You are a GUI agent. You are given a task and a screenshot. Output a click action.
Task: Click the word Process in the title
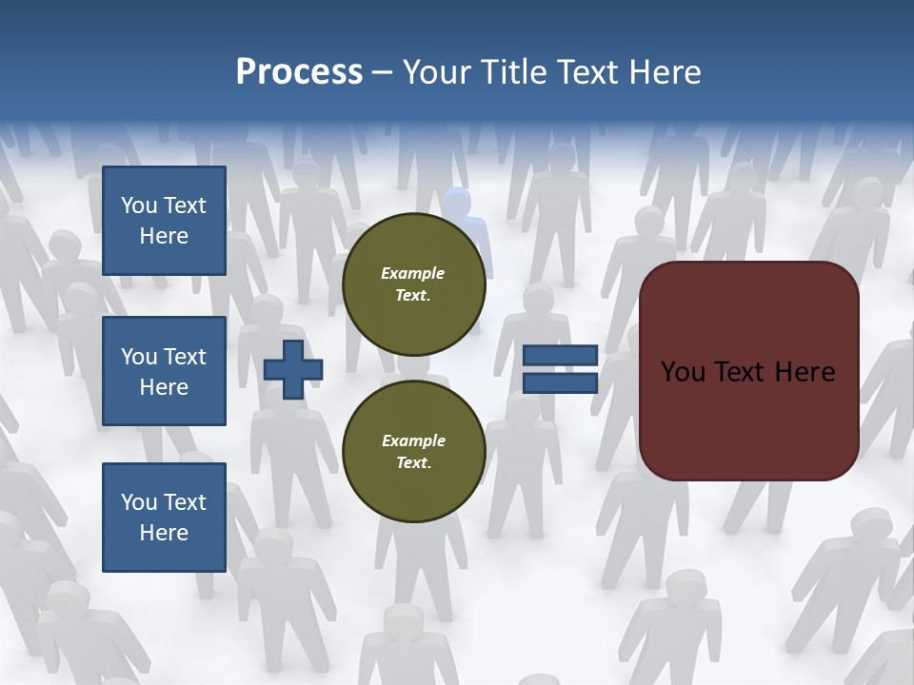299,72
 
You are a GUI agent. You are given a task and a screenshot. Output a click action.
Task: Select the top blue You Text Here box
164,221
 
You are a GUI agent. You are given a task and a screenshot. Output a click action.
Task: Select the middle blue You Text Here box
164,371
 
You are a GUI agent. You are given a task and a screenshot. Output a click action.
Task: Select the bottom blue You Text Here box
164,517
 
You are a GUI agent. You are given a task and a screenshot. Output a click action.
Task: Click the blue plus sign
293,369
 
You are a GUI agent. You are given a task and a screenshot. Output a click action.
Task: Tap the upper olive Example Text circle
413,284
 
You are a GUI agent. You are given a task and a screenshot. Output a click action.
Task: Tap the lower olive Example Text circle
413,452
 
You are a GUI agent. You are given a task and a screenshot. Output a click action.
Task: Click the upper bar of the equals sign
560,355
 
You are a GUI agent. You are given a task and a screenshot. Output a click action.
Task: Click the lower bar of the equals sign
560,382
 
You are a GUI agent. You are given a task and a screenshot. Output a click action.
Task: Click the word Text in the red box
744,371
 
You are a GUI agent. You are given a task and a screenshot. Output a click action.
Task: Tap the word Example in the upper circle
413,273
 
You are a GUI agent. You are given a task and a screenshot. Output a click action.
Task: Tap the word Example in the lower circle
413,440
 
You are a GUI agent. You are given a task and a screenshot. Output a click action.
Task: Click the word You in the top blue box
138,205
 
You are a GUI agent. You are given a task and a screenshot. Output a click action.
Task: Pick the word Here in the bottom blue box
164,533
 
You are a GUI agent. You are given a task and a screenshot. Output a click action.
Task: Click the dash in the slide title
383,72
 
